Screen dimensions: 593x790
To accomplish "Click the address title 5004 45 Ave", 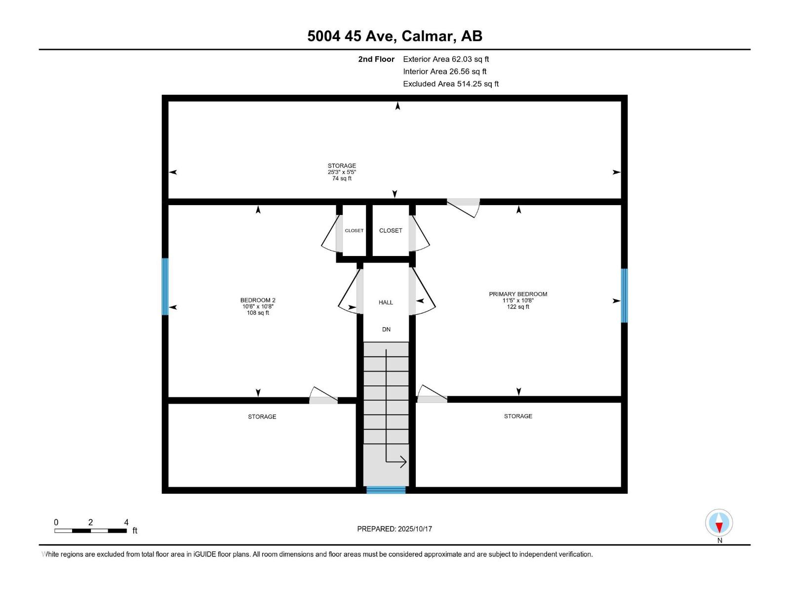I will pyautogui.click(x=395, y=36).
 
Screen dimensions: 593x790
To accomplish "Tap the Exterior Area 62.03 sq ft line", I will pyautogui.click(x=446, y=59).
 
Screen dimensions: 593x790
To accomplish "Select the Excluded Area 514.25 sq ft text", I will pyautogui.click(x=450, y=84).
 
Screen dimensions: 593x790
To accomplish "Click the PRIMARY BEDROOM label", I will pyautogui.click(x=518, y=294).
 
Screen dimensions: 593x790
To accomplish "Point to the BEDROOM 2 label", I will pyautogui.click(x=258, y=300).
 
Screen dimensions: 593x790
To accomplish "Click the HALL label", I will pyautogui.click(x=386, y=302).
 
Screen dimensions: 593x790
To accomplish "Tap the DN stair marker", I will pyautogui.click(x=386, y=329).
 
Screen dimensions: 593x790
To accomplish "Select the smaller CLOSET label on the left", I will pyautogui.click(x=354, y=231).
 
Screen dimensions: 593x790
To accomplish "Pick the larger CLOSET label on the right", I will pyautogui.click(x=391, y=231).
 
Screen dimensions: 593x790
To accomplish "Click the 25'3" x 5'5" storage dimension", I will pyautogui.click(x=342, y=172).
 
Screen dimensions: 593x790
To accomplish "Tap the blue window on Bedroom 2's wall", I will pyautogui.click(x=165, y=287).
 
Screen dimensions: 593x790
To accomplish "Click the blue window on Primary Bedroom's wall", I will pyautogui.click(x=624, y=296).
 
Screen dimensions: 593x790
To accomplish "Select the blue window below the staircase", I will pyautogui.click(x=386, y=490).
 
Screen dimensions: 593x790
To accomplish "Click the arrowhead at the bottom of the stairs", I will pyautogui.click(x=402, y=462).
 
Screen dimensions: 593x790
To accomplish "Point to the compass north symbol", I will pyautogui.click(x=719, y=523).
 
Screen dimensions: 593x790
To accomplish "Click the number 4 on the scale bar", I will pyautogui.click(x=126, y=522).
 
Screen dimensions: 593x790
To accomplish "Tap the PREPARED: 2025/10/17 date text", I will pyautogui.click(x=395, y=529).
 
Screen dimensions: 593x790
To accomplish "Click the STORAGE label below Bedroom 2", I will pyautogui.click(x=262, y=417).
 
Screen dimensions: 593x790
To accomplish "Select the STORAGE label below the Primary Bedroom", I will pyautogui.click(x=518, y=416).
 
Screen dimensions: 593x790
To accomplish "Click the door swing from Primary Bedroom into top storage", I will pyautogui.click(x=464, y=208).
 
